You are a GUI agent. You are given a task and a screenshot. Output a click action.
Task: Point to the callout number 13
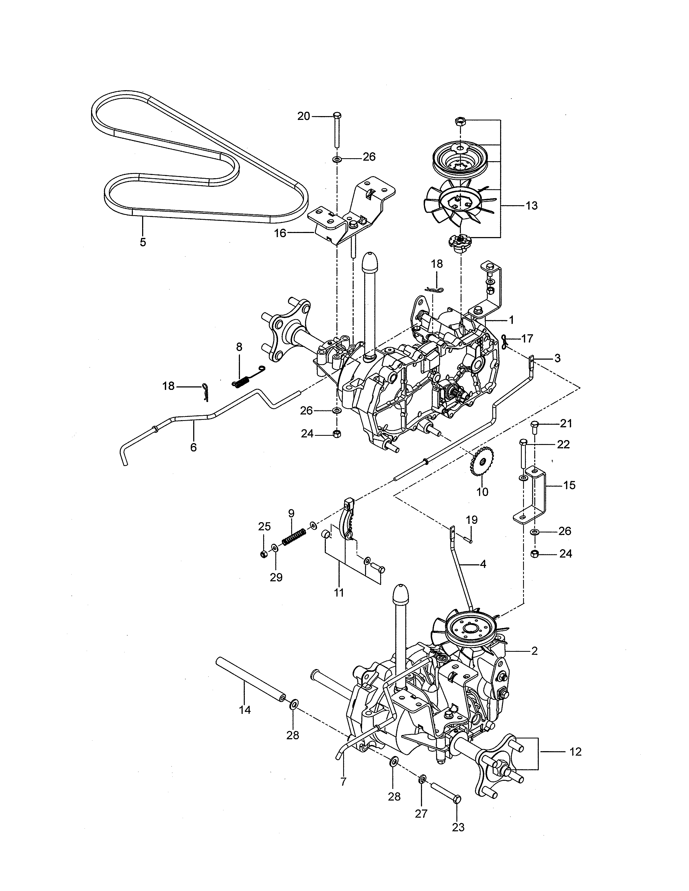[x=531, y=206]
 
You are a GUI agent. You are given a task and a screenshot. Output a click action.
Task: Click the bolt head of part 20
[x=337, y=115]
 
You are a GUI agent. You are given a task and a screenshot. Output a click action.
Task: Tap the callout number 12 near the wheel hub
[x=575, y=751]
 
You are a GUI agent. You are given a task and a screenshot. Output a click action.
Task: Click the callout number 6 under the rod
[x=193, y=448]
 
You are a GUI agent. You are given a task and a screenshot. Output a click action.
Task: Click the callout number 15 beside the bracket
[x=569, y=485]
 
